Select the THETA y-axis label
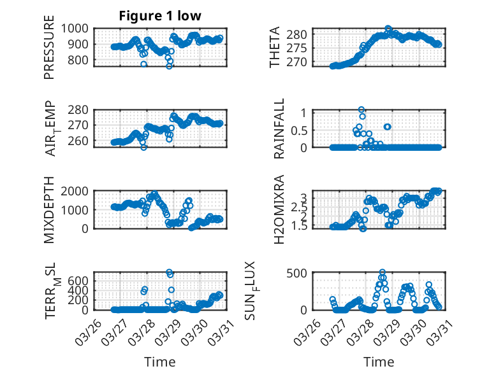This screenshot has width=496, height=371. tap(275, 47)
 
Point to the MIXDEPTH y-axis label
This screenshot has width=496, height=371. tap(50, 210)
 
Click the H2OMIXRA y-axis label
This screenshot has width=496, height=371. tap(279, 210)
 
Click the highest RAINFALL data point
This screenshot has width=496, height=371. tap(361, 110)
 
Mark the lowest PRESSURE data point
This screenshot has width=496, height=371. tap(169, 66)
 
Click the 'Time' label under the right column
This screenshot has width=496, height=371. tap(379, 361)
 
